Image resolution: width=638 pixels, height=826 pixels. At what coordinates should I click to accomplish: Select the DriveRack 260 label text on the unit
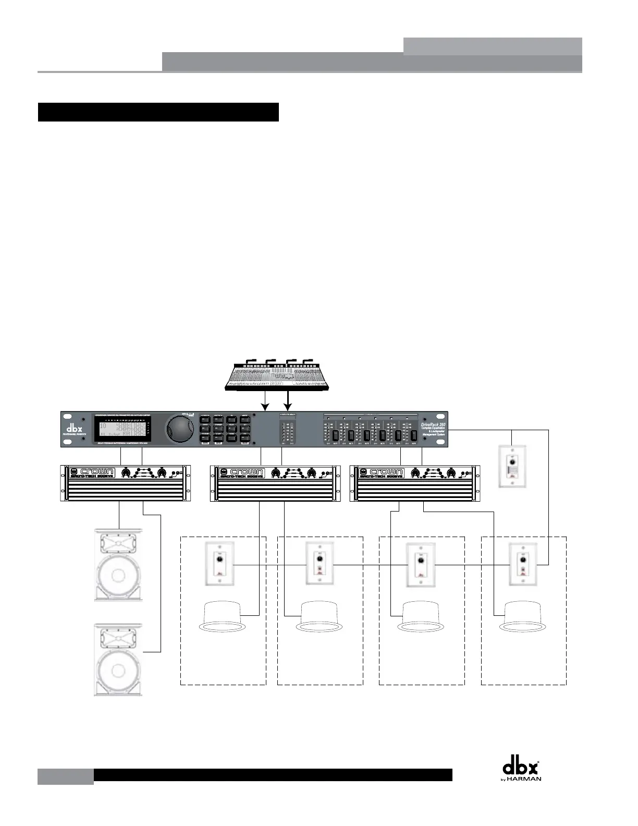pyautogui.click(x=432, y=426)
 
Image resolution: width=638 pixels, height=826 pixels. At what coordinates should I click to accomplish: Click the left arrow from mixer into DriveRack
pyautogui.click(x=265, y=401)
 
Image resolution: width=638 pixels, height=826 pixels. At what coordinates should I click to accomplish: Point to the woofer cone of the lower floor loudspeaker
pyautogui.click(x=118, y=670)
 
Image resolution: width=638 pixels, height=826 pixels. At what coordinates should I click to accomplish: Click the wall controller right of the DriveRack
pyautogui.click(x=513, y=466)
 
